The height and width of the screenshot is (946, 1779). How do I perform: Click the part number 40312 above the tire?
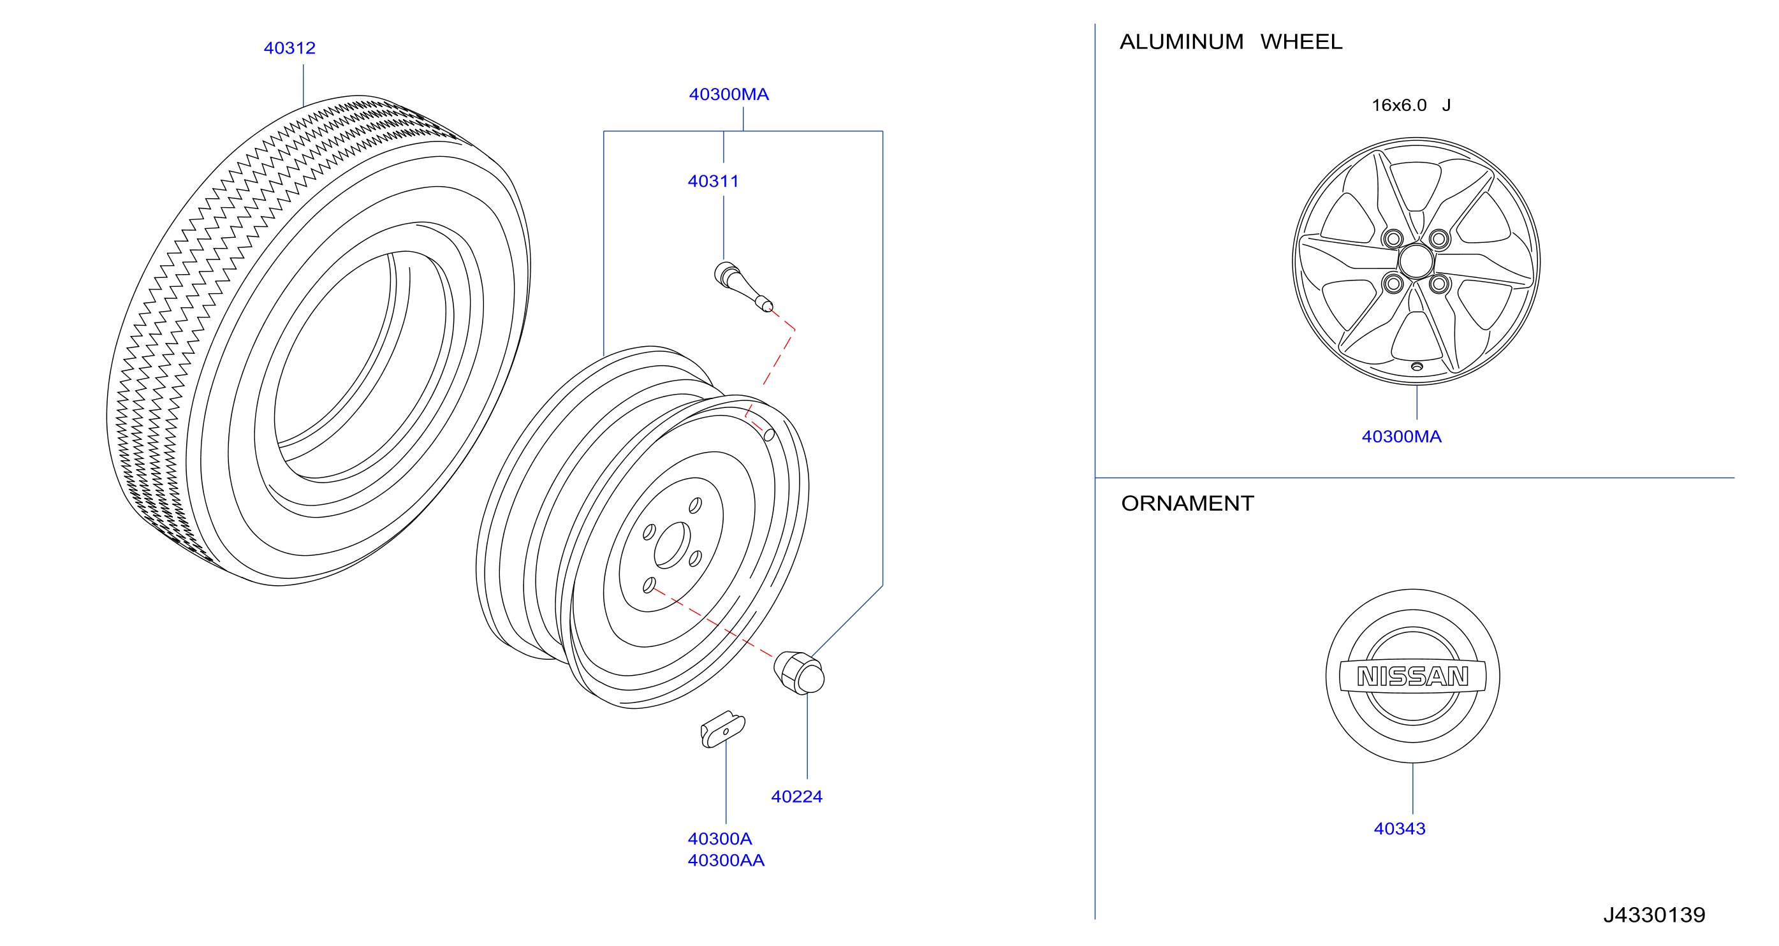pos(289,48)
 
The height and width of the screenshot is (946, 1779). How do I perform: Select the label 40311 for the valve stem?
pos(713,181)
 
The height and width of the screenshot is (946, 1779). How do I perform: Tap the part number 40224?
pos(796,796)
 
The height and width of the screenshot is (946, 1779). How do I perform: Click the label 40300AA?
pos(726,861)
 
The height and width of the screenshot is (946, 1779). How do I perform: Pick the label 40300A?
pos(720,839)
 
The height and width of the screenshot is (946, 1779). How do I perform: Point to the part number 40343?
pos(1399,829)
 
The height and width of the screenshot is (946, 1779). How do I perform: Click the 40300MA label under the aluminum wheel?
pos(1402,437)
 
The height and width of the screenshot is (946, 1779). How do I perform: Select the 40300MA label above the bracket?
pos(729,94)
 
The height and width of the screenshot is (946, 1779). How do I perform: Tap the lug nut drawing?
pos(799,672)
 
